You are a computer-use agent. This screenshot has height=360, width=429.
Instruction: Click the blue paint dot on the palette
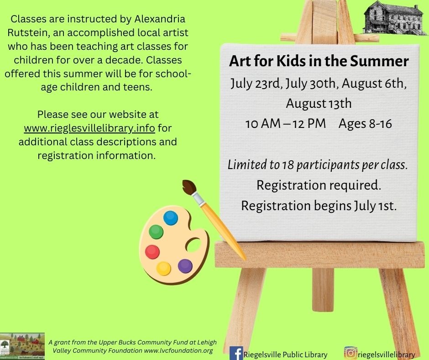pyautogui.click(x=170, y=218)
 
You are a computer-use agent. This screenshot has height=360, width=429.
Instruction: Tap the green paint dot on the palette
pyautogui.click(x=156, y=232)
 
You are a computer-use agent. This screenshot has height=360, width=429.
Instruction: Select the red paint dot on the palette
pyautogui.click(x=152, y=252)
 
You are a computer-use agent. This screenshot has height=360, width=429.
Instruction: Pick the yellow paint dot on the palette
pyautogui.click(x=163, y=269)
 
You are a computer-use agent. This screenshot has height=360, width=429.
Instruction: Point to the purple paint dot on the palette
pyautogui.click(x=185, y=266)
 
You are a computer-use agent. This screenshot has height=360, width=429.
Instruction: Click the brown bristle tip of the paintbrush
pyautogui.click(x=189, y=187)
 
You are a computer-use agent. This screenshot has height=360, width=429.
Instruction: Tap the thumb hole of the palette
pyautogui.click(x=194, y=245)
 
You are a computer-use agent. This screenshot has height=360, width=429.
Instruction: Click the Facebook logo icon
pyautogui.click(x=236, y=353)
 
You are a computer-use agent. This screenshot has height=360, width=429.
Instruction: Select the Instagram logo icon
pyautogui.click(x=351, y=353)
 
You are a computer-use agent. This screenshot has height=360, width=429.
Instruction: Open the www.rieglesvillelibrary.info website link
pyautogui.click(x=89, y=128)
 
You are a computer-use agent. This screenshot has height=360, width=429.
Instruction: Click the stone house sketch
pyautogui.click(x=395, y=18)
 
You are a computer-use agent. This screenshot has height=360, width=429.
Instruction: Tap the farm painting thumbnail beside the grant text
pyautogui.click(x=22, y=346)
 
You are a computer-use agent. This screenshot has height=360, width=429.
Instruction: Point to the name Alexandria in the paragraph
pyautogui.click(x=160, y=19)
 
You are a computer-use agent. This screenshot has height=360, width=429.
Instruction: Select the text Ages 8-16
pyautogui.click(x=365, y=123)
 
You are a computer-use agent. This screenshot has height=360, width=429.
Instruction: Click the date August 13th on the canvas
pyautogui.click(x=319, y=103)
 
